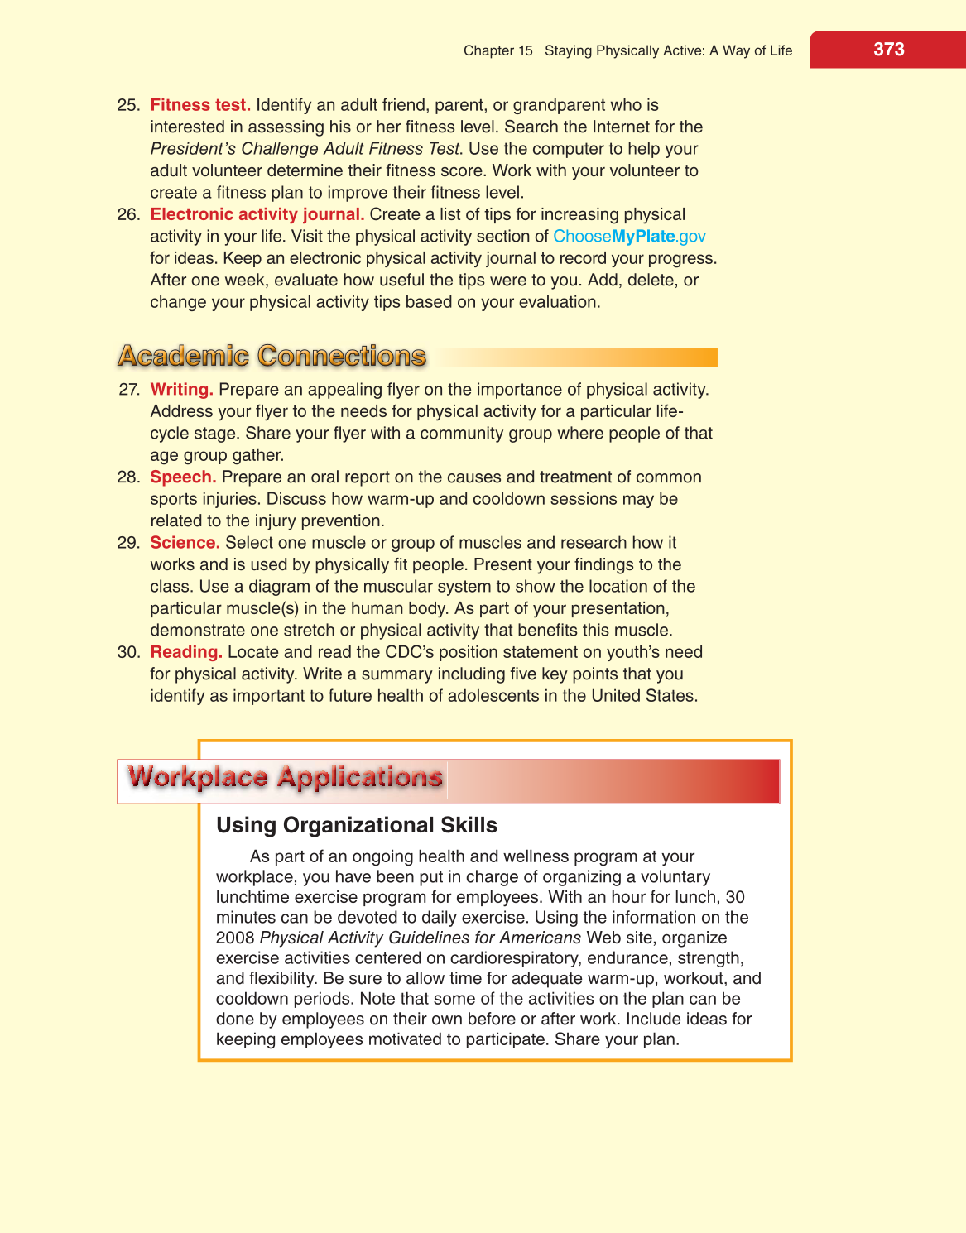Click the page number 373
click(888, 50)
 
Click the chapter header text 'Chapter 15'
click(497, 50)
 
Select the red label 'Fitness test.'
click(200, 105)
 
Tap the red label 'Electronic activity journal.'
click(257, 214)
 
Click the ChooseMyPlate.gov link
click(629, 237)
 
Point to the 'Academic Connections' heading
click(272, 356)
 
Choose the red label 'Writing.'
click(181, 390)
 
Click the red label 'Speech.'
click(183, 477)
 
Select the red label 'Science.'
click(185, 543)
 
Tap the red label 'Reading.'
click(186, 652)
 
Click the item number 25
click(128, 105)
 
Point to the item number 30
click(128, 652)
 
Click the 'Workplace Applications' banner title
click(285, 778)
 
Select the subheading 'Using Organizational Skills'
click(357, 825)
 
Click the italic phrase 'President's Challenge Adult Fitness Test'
click(305, 149)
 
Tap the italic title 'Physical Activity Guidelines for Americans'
click(421, 938)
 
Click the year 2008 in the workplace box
click(234, 938)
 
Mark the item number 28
click(128, 477)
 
